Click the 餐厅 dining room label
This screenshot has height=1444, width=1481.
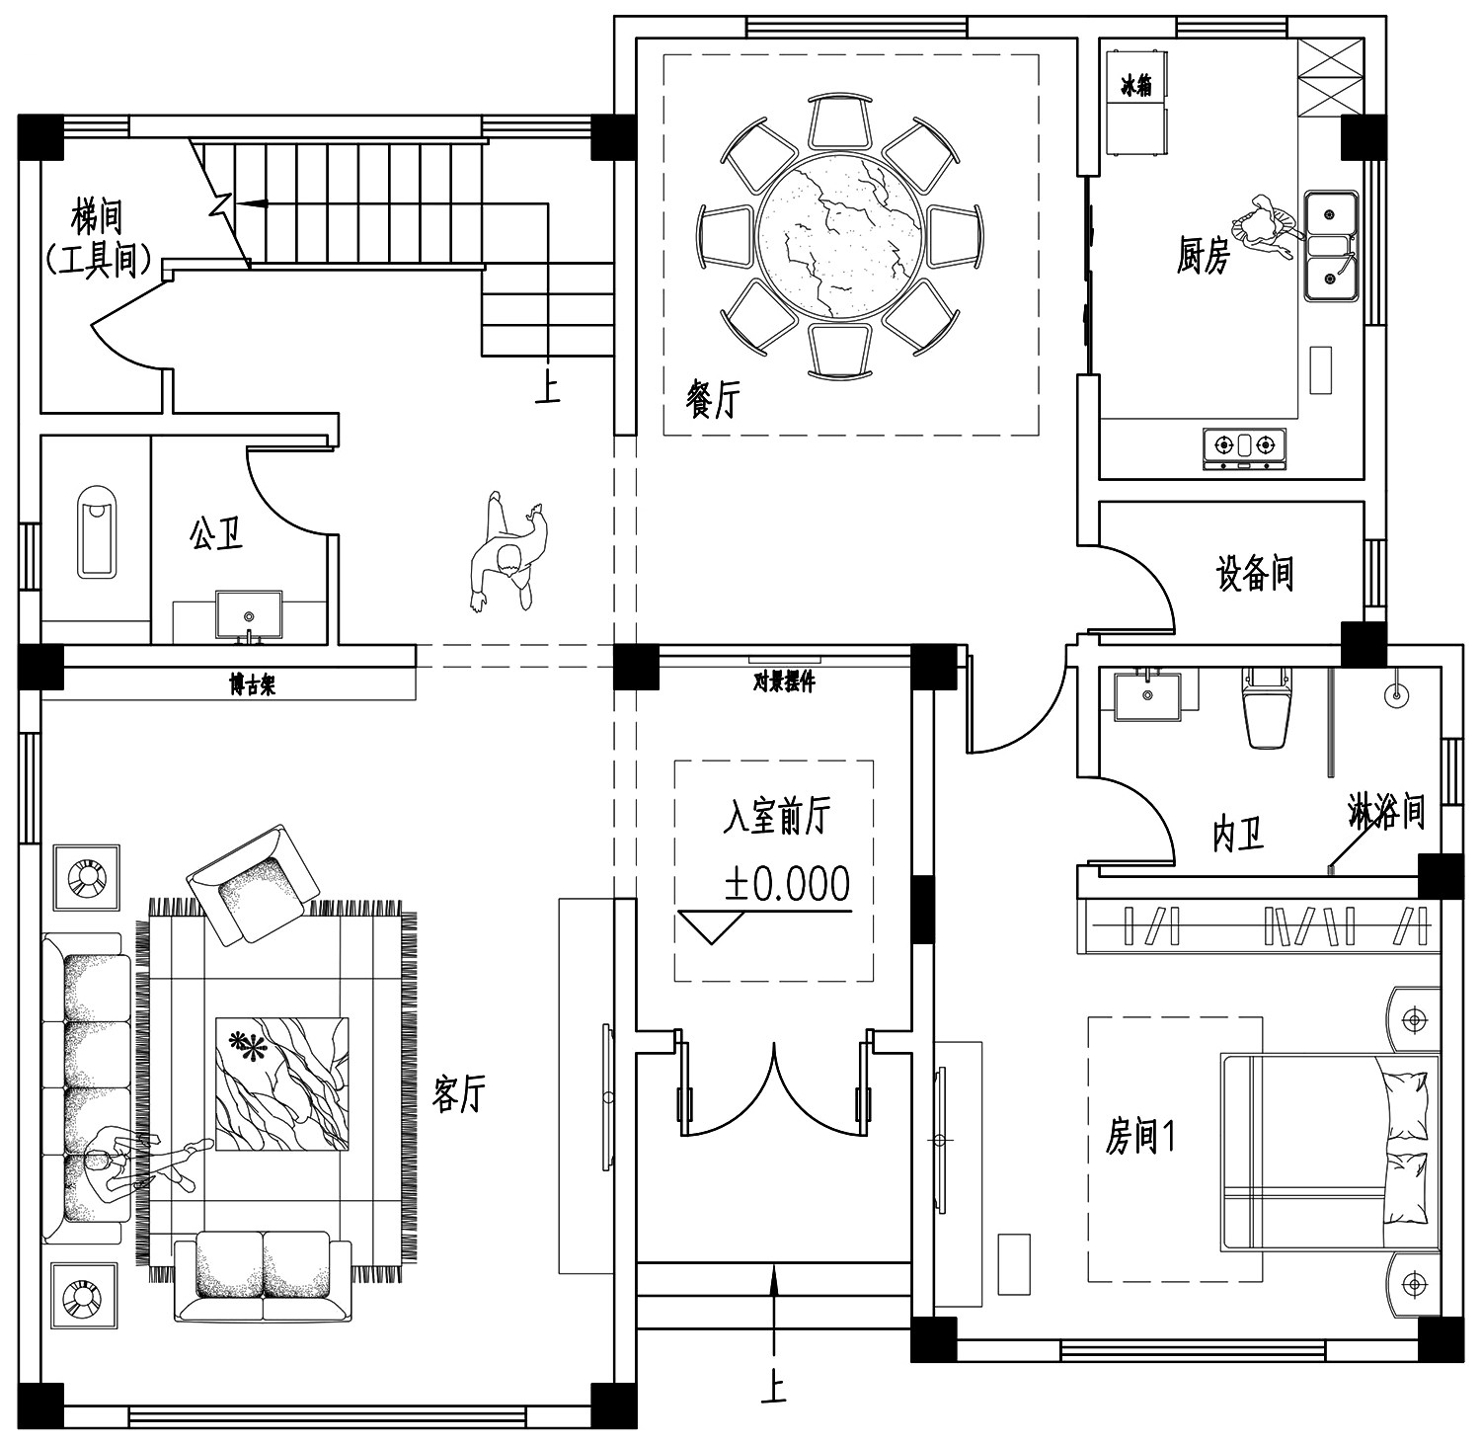click(711, 399)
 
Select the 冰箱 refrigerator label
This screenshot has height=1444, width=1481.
click(1136, 86)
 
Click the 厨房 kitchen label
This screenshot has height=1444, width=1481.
click(1204, 255)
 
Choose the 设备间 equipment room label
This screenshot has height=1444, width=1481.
click(1255, 573)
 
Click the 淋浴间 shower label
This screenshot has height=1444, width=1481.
click(1386, 812)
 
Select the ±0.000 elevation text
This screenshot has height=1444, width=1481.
click(787, 884)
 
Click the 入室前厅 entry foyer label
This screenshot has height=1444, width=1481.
click(776, 816)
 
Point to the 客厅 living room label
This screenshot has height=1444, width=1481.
click(459, 1093)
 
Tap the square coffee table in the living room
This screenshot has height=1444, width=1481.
click(282, 1084)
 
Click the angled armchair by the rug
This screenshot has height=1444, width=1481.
click(253, 884)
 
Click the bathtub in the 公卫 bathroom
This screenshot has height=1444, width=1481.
click(98, 531)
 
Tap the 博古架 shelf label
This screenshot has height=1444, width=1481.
click(252, 683)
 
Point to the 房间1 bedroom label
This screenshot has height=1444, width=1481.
click(1139, 1138)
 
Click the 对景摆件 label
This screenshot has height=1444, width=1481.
click(784, 681)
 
